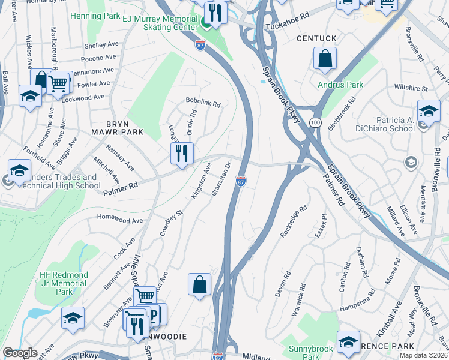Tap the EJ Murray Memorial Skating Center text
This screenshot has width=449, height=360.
(160, 23)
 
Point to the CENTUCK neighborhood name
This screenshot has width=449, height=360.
(316, 38)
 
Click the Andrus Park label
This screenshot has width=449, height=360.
(340, 85)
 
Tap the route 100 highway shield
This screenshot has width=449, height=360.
(315, 122)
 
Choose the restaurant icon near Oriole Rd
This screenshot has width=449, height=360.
(182, 154)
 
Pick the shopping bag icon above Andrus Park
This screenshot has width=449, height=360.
(325, 59)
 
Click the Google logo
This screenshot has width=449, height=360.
(20, 353)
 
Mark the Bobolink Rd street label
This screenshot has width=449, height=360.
(203, 103)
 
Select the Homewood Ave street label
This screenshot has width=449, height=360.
(121, 221)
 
